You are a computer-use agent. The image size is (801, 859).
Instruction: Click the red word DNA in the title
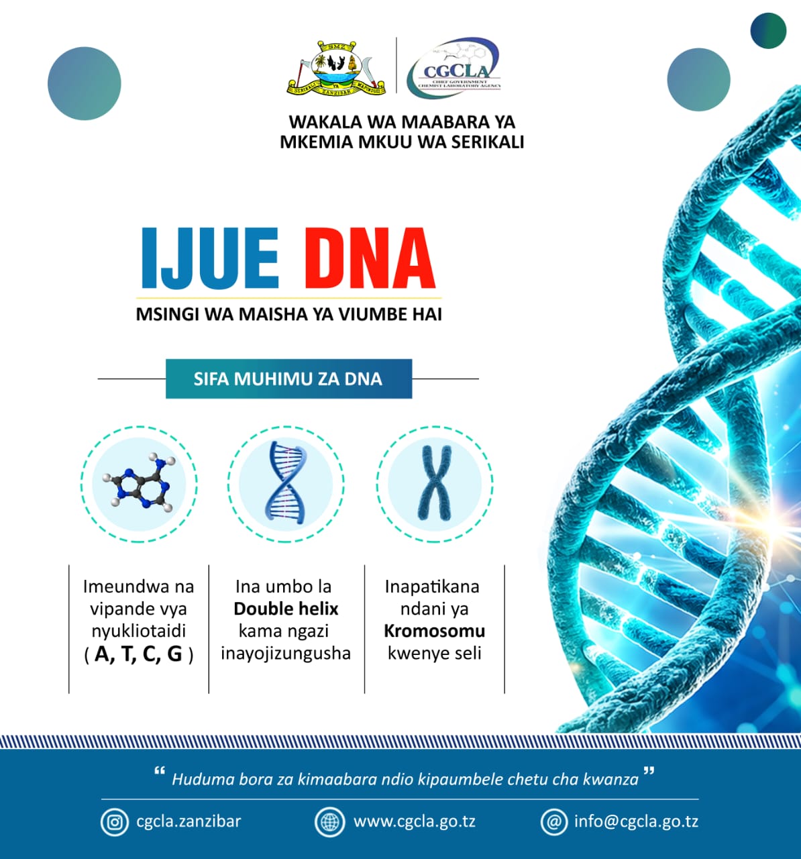(370, 258)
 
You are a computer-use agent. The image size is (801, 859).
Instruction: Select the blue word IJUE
(210, 258)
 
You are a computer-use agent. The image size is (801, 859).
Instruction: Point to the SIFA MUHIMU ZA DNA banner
(288, 379)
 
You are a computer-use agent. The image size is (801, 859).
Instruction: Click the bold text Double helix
(286, 609)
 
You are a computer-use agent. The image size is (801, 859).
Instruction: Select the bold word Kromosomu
(434, 631)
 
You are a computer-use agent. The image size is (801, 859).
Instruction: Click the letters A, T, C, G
(139, 654)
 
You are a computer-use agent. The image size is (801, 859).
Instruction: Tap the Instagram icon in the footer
(114, 821)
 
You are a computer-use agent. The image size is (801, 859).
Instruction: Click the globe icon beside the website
(330, 821)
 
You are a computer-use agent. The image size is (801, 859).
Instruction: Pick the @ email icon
(554, 821)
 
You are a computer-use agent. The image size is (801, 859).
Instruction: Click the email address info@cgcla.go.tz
(636, 821)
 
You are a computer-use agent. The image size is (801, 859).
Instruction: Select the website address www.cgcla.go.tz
(415, 821)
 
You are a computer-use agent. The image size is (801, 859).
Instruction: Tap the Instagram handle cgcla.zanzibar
(189, 821)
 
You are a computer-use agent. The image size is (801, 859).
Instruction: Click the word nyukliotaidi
(139, 631)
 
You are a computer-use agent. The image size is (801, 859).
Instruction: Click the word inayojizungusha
(286, 653)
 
